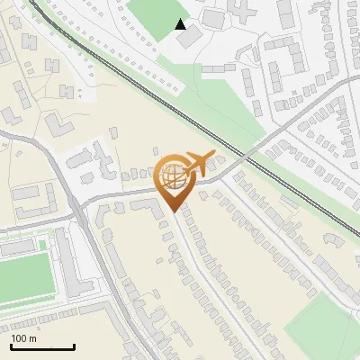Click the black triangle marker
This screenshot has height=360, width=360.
click(181, 24)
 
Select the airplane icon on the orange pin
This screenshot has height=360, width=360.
click(195, 163)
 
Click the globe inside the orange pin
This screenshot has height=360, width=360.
click(172, 176)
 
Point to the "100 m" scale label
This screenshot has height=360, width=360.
click(23, 338)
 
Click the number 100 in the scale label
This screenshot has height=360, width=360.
click(19, 338)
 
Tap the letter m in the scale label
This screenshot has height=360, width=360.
click(32, 338)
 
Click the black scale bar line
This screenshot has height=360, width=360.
click(42, 346)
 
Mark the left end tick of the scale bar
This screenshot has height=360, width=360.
click(11, 345)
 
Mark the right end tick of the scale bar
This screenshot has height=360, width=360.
click(75, 345)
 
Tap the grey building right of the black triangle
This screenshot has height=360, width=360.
click(214, 18)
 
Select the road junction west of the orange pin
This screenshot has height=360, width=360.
click(82, 205)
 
